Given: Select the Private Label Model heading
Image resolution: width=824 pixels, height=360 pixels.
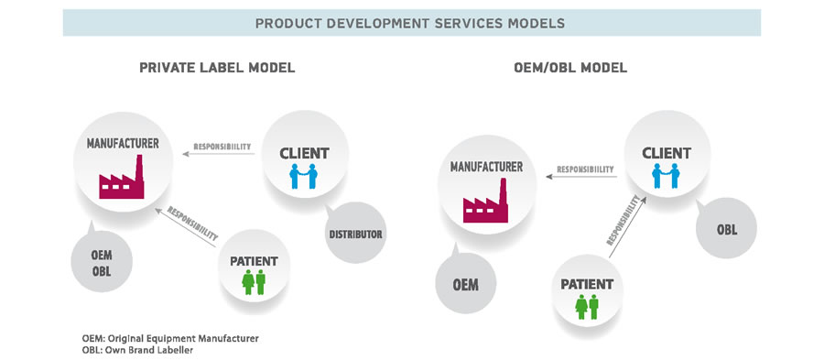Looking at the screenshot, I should coord(217,69).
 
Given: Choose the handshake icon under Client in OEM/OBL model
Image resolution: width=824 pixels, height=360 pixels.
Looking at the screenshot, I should coord(666,175).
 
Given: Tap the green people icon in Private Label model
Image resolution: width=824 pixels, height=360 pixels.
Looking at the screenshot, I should coord(254,281).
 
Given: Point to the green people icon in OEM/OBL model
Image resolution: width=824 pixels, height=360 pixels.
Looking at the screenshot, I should coord(586,306).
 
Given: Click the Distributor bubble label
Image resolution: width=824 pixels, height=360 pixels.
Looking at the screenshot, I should coord(355,234).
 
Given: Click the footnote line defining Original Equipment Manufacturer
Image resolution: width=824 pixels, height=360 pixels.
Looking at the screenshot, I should coord(170,338).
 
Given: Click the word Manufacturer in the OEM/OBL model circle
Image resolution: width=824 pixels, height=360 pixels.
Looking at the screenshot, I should coord(486,167).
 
